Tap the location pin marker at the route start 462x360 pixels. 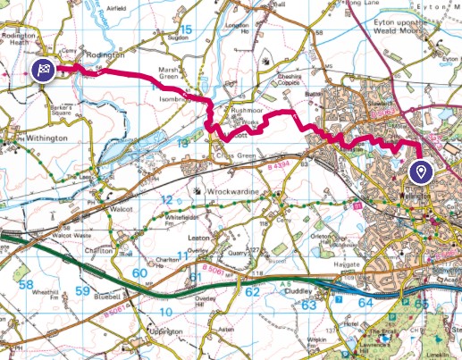420,171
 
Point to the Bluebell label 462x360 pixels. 107,292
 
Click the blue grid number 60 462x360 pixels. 139,273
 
